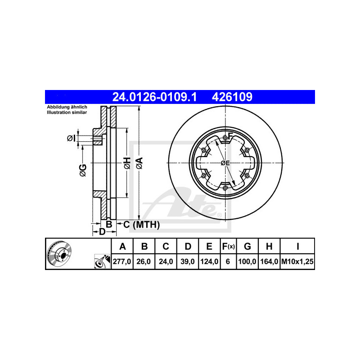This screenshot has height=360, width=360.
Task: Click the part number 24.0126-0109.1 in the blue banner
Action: click(x=154, y=97)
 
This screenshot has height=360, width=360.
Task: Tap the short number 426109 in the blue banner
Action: click(x=232, y=97)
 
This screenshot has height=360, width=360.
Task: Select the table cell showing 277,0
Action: click(x=122, y=261)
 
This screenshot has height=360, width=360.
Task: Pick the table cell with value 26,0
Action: click(x=144, y=261)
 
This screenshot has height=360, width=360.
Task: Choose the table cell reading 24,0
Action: click(x=166, y=261)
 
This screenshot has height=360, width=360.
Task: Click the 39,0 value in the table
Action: click(x=188, y=261)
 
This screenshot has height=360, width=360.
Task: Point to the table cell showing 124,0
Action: click(x=209, y=261)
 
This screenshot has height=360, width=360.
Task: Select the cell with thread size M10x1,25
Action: click(x=297, y=261)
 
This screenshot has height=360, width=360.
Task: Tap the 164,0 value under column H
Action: click(x=269, y=261)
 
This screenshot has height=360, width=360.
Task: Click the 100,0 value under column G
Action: click(x=247, y=261)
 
